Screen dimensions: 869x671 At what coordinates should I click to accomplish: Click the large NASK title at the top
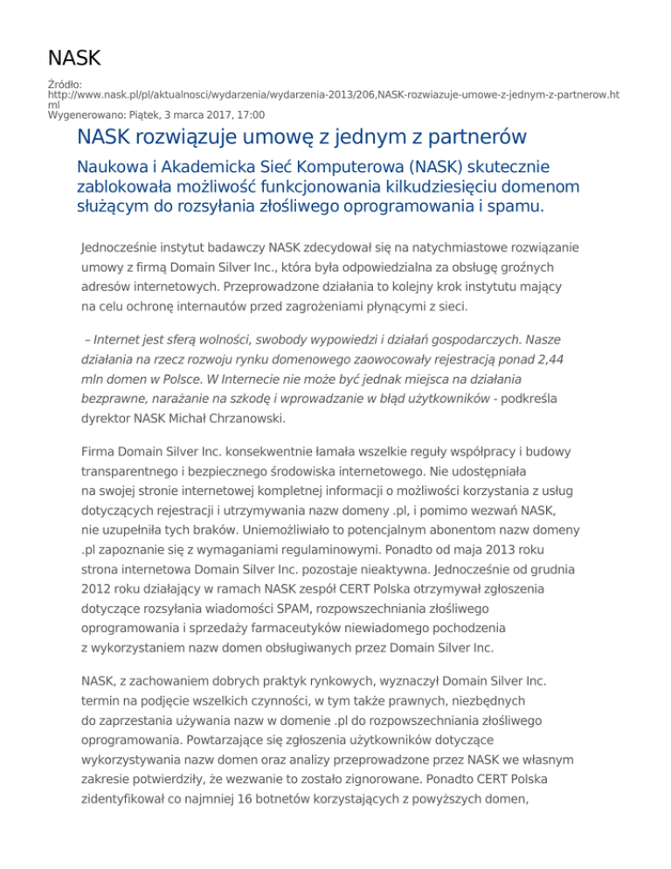point(74,59)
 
